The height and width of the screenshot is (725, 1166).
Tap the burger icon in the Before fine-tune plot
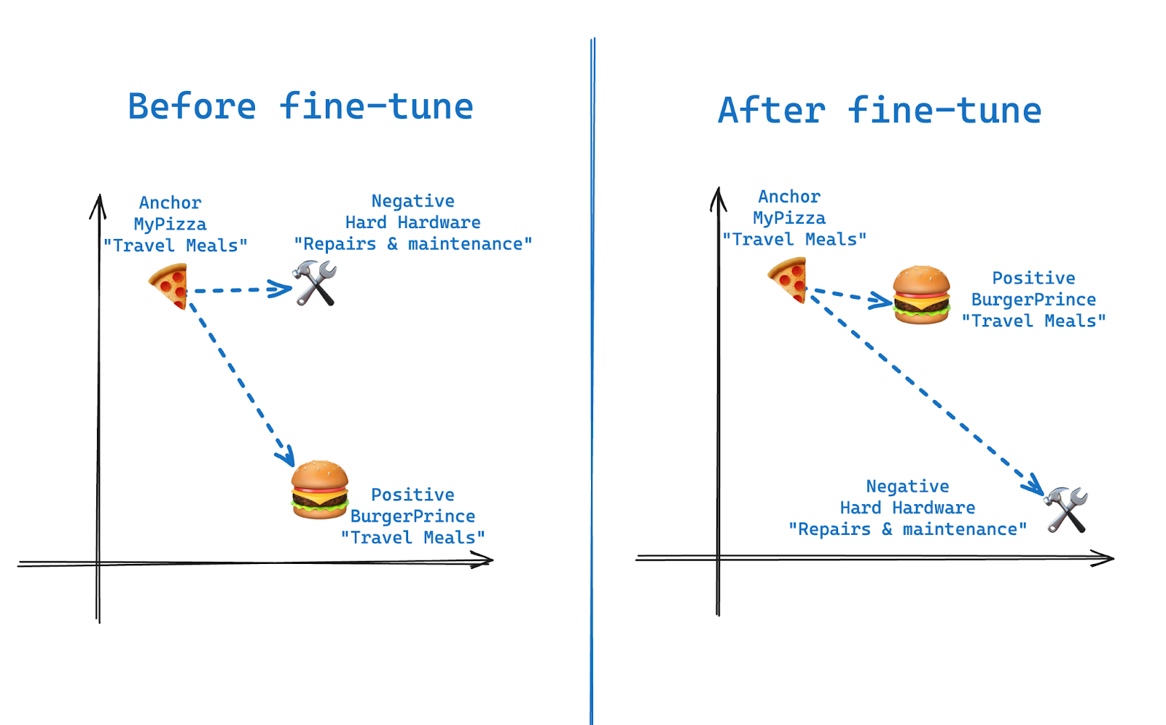pos(320,489)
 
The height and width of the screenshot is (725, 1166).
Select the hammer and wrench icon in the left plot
pos(315,283)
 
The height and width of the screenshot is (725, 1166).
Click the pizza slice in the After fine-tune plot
pos(789,279)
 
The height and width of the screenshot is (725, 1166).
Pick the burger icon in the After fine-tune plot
pos(921,294)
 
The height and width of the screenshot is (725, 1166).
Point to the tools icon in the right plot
pos(1066,509)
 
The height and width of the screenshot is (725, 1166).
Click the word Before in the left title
pos(192,107)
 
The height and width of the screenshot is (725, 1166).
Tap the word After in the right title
pos(772,111)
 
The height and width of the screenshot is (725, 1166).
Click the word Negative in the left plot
pos(412,201)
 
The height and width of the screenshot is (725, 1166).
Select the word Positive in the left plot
pos(412,495)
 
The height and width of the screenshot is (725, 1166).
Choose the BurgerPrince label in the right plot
pos(1033,299)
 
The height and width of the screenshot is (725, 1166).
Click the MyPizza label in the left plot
pos(170,224)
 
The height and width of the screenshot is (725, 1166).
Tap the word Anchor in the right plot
pos(789,197)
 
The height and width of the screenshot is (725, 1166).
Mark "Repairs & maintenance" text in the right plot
pos(907,530)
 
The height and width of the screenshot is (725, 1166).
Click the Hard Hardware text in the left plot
pos(412,223)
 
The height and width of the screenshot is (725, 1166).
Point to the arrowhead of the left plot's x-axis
pos(484,560)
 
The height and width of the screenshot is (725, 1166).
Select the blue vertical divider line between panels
pos(592,364)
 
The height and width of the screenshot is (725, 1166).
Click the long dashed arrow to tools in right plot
pos(926,393)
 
